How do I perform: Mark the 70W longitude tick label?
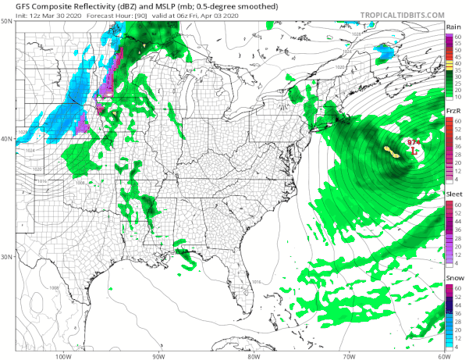click(349, 355)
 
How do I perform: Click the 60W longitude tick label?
click(443, 355)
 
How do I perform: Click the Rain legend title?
click(453, 27)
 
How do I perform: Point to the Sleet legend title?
click(453, 196)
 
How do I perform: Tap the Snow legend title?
click(453, 279)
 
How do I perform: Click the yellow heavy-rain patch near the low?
click(393, 151)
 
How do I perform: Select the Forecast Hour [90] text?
click(115, 15)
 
